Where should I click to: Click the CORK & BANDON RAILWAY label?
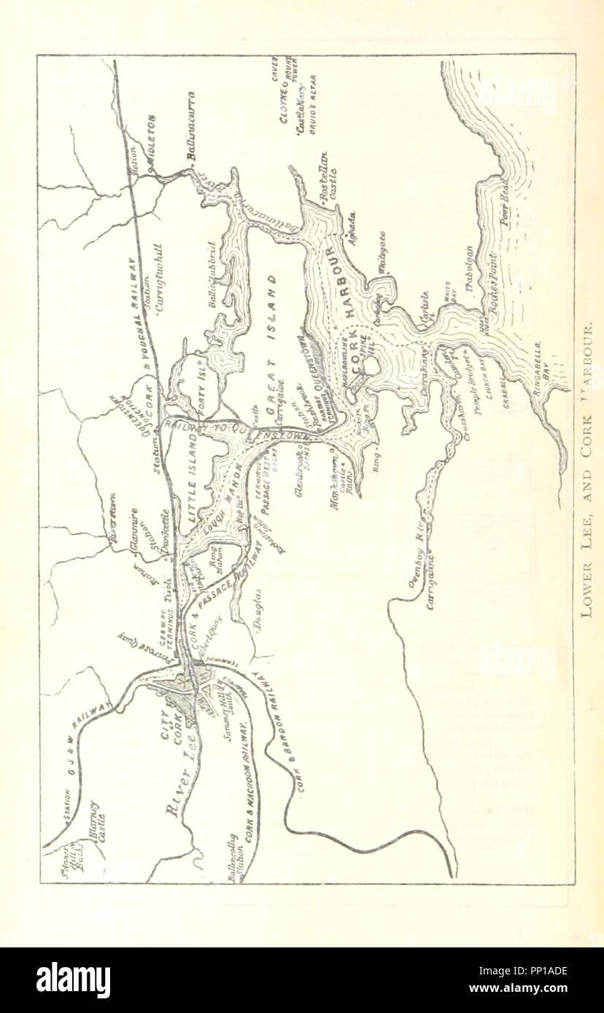[273, 736]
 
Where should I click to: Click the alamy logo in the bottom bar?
[73, 980]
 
